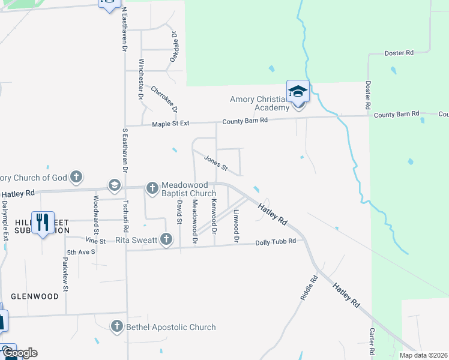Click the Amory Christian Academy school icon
click(x=298, y=91)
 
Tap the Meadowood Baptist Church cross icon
click(x=152, y=188)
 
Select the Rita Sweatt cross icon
click(x=166, y=240)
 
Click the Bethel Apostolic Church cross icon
click(x=117, y=326)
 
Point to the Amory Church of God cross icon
click(x=76, y=177)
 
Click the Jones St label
click(x=216, y=162)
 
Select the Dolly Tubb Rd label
click(x=276, y=242)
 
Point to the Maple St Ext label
click(x=170, y=123)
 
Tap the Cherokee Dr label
click(x=164, y=98)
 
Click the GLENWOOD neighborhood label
click(x=35, y=296)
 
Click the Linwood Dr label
click(x=237, y=226)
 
